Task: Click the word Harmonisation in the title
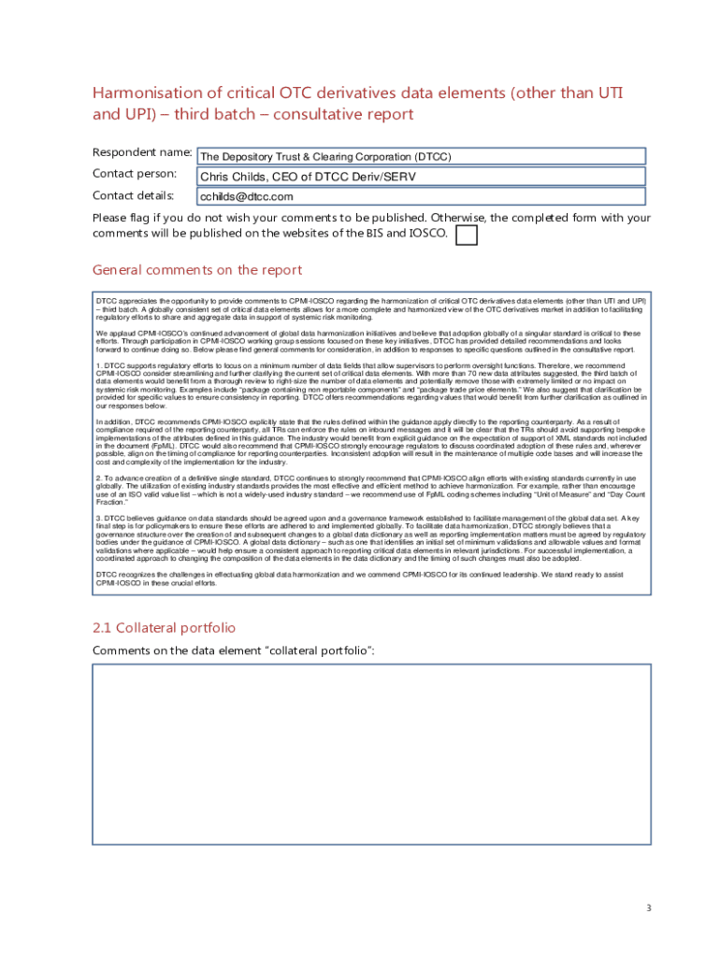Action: [x=148, y=93]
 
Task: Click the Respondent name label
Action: [x=142, y=152]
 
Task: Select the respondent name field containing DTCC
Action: [x=421, y=157]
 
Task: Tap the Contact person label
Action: [x=135, y=174]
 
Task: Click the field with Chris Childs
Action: [x=421, y=177]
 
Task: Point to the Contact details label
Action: [x=133, y=195]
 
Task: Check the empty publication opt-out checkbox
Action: [x=465, y=235]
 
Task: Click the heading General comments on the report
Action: [x=197, y=270]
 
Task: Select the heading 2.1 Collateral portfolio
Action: [x=164, y=628]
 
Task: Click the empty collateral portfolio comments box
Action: [x=371, y=754]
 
